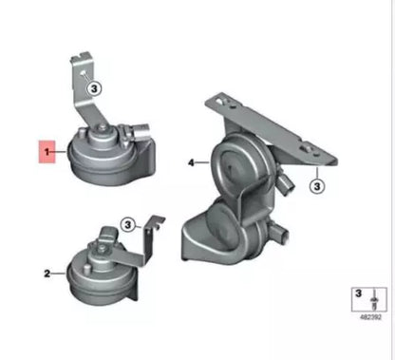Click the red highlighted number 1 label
coord(47,152)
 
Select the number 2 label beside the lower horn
coord(47,274)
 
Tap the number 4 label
coord(191,162)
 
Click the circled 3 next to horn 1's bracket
coord(94,88)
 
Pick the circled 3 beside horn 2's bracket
coord(128,225)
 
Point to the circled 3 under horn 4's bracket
coord(317,186)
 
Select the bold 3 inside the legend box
coord(358,294)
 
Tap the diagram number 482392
coord(370,317)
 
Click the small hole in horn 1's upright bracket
coord(83,72)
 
